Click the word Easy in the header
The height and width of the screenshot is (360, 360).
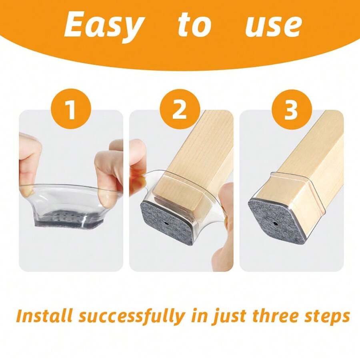coord(103,25)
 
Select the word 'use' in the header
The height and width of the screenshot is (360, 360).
coord(273,25)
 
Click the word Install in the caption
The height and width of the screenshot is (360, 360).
coord(44,316)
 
